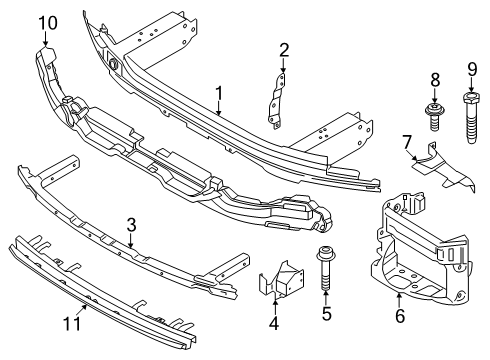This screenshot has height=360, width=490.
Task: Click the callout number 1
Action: [218, 95]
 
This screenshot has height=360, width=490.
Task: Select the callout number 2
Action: [284, 50]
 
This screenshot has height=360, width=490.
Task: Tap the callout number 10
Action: [48, 21]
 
